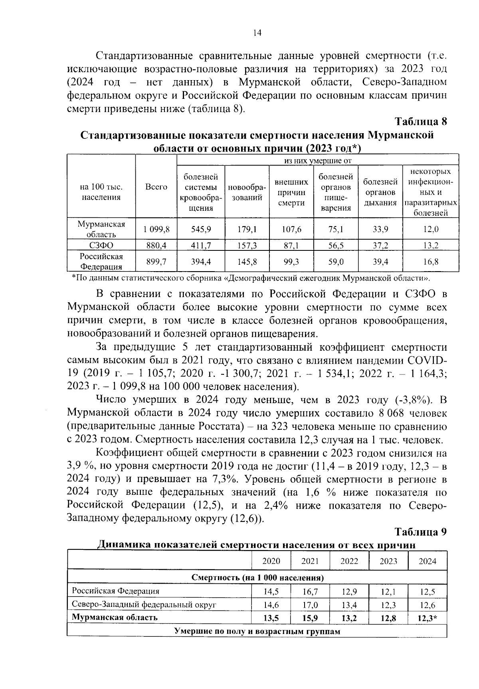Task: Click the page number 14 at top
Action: [x=257, y=34]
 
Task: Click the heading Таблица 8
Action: [x=420, y=121]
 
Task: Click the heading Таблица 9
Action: [x=420, y=532]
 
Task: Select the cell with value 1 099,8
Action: [x=156, y=229]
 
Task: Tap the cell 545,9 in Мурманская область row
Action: [x=201, y=229]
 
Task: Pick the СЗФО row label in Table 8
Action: [x=101, y=246]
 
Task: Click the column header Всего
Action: [x=156, y=187]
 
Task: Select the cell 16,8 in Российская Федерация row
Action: [x=431, y=262]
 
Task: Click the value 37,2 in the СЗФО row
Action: [x=380, y=246]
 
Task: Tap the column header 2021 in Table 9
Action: [x=310, y=561]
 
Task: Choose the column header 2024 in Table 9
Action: [x=427, y=561]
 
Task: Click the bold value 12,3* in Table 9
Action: [x=428, y=618]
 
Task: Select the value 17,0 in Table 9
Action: [x=310, y=605]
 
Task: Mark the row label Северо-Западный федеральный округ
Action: [x=144, y=605]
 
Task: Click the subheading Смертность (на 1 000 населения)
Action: [x=257, y=578]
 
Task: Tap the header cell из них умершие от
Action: [x=317, y=161]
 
